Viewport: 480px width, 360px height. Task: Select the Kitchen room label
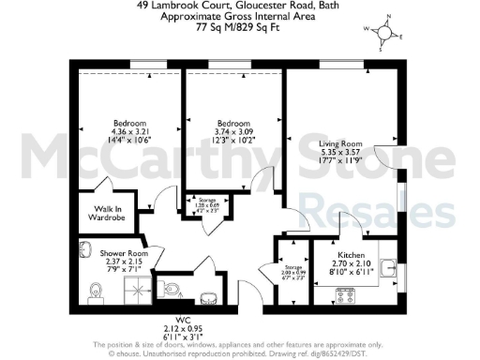(352, 255)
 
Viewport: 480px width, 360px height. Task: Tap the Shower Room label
(125, 253)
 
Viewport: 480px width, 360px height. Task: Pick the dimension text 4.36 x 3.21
(132, 132)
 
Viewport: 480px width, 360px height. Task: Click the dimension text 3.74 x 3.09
(234, 132)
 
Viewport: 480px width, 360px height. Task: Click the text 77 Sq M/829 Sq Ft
(239, 27)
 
